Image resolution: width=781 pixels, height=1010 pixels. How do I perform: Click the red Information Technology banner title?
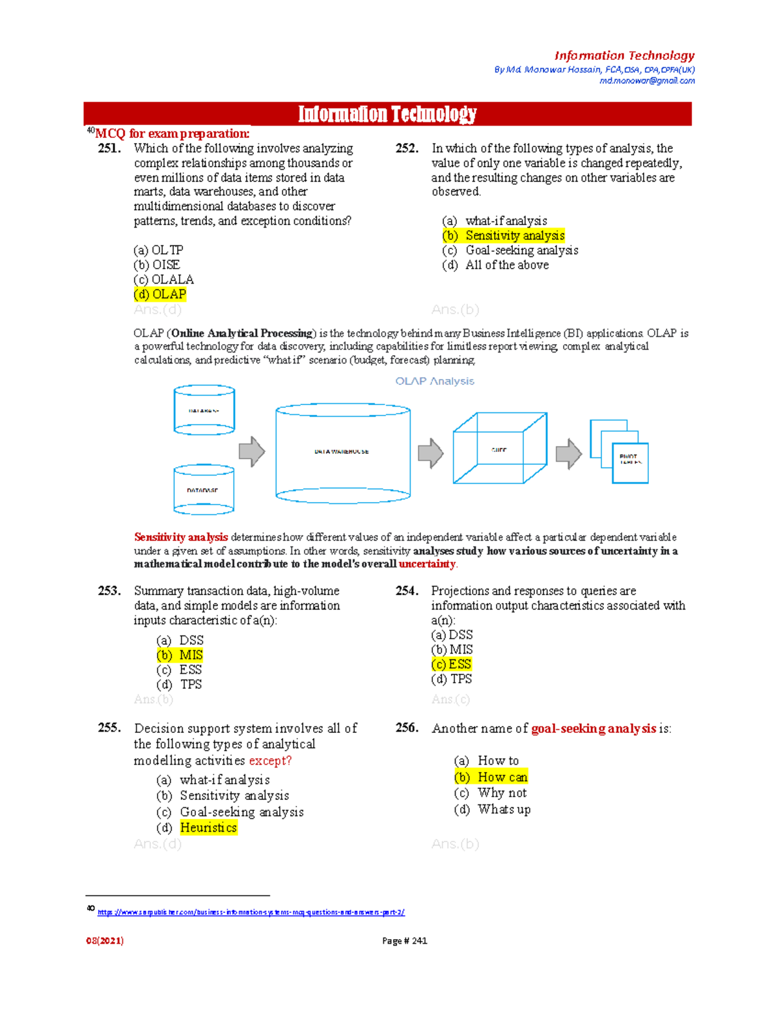(387, 114)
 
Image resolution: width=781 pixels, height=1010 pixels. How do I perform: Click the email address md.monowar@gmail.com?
(647, 81)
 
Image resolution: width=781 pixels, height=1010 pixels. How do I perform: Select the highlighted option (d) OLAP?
(160, 294)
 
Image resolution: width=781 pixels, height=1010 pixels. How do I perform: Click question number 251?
(109, 148)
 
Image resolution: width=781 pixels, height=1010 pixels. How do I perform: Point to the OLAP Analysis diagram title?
(435, 381)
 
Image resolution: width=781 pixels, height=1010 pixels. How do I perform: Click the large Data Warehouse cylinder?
(343, 453)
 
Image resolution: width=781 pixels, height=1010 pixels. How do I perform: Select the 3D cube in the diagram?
(499, 448)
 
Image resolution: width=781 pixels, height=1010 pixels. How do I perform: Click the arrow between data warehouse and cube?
(430, 453)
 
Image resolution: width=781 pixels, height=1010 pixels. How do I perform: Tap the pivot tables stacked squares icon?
(619, 451)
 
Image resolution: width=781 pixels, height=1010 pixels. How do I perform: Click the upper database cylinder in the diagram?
(204, 410)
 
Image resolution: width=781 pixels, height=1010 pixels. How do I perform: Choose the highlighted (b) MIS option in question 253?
(180, 655)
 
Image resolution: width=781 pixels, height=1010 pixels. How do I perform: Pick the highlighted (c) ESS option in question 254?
(451, 664)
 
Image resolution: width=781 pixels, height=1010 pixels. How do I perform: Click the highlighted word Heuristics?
(208, 827)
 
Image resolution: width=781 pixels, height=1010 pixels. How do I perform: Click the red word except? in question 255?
(270, 760)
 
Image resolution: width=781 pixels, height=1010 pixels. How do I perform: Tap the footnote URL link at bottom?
(251, 912)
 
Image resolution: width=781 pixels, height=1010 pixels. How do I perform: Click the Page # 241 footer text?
(404, 940)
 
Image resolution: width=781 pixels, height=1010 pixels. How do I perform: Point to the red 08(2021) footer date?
(105, 940)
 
